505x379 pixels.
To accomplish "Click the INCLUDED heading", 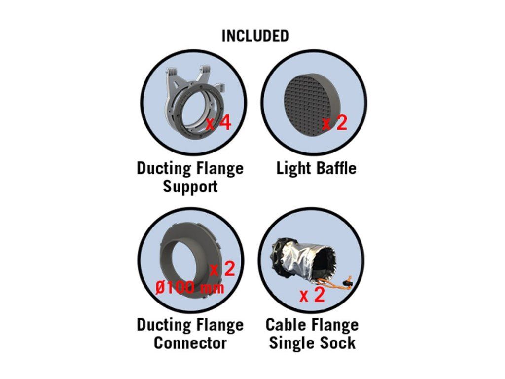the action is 255,36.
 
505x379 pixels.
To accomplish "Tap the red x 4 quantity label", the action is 218,123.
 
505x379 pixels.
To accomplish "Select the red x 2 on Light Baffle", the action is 335,123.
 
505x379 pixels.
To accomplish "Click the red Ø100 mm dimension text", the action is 190,287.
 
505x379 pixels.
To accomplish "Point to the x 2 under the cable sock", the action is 312,295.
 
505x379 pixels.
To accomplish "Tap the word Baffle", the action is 336,168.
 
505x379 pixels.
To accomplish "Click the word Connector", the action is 190,342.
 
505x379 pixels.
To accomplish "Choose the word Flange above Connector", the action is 219,325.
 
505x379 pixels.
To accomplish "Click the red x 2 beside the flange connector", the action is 222,269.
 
